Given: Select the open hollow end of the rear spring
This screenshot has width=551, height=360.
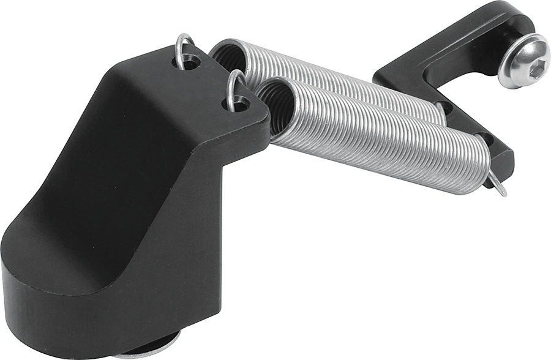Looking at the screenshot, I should [x=226, y=58].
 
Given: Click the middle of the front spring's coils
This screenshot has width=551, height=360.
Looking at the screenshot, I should [x=380, y=138].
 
